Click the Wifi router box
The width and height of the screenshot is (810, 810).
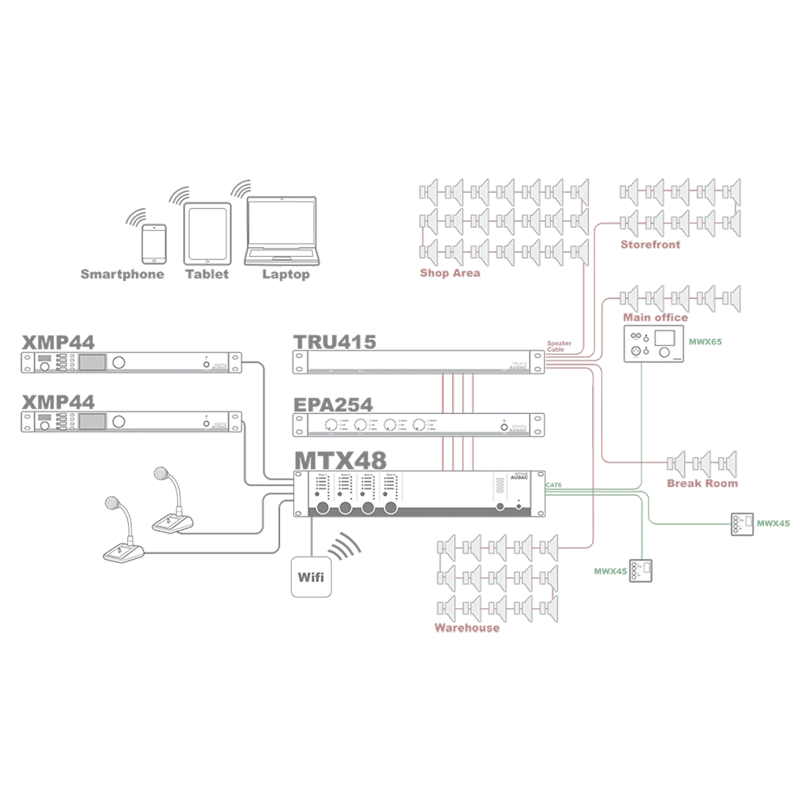(312, 578)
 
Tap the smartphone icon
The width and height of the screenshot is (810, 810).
(154, 243)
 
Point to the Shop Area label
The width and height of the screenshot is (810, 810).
(450, 274)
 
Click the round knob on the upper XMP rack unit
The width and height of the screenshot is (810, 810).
(120, 361)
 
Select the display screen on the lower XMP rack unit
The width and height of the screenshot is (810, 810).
(92, 421)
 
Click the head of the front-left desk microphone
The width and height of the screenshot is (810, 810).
(111, 504)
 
